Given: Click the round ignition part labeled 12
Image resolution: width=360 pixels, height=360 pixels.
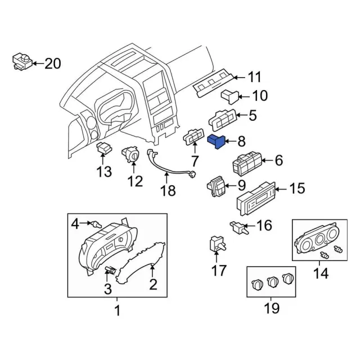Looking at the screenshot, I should [x=132, y=154].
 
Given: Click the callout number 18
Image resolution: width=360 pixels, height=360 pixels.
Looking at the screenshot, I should [x=168, y=191].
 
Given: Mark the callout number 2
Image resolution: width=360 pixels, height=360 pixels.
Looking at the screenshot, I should [x=152, y=285].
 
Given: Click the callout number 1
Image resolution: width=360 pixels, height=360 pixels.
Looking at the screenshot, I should [x=117, y=310].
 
